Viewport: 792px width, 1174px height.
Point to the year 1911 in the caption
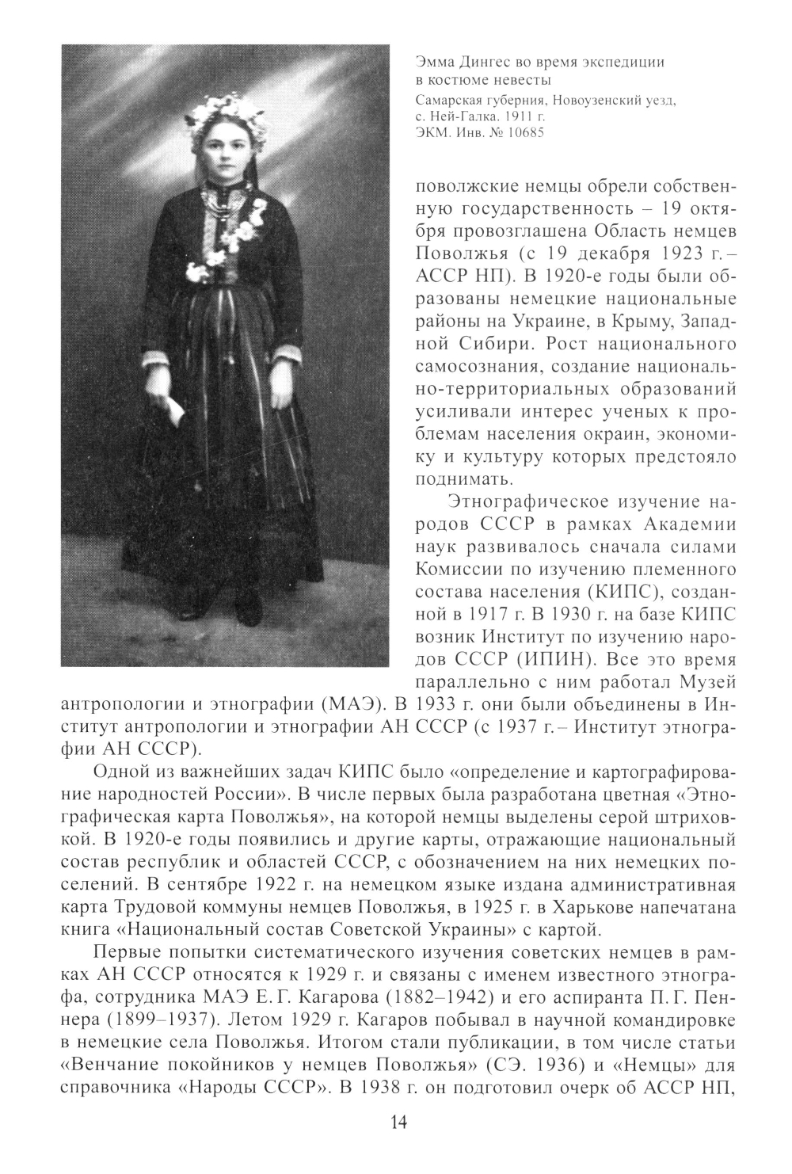coord(519,116)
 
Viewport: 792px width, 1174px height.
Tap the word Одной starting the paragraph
coord(120,773)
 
